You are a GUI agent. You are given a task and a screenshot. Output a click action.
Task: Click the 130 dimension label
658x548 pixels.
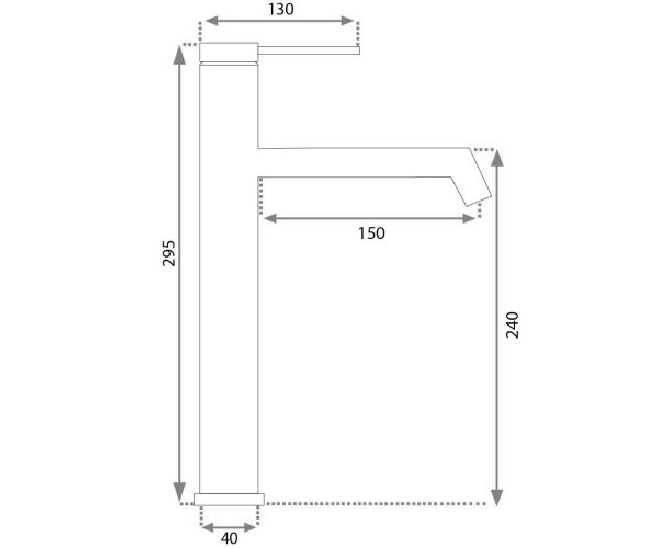point(281,9)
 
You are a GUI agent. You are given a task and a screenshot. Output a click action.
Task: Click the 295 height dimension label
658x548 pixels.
point(168,254)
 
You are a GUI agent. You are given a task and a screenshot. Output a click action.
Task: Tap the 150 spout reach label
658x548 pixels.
point(372,233)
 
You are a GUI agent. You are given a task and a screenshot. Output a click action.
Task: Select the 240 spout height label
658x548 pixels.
point(512,325)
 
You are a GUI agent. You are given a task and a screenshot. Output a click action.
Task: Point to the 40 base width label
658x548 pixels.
point(229,538)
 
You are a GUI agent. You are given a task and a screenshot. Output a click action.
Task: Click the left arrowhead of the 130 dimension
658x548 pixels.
point(212,21)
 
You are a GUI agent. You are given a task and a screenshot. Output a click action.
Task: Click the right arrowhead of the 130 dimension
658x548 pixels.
point(348,21)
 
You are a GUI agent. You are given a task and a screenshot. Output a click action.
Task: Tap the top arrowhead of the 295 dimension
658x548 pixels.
point(179,55)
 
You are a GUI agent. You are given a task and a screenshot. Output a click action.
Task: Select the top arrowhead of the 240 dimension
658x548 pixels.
point(497,158)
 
